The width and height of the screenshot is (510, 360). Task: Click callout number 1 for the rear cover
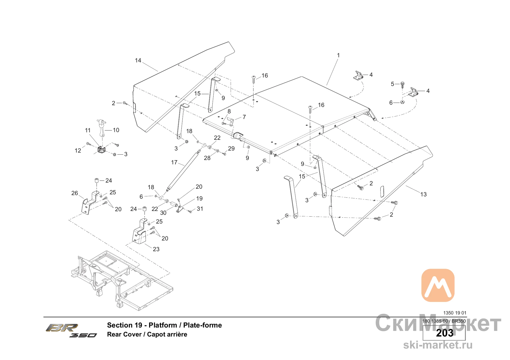point(338,55)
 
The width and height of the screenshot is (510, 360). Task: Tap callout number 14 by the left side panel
point(138,60)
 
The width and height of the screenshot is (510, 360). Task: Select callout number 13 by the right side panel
point(423,194)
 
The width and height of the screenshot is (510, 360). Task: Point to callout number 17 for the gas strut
point(174,162)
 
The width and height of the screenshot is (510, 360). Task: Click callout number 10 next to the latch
point(116,130)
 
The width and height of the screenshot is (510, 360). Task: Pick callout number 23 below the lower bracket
point(156,249)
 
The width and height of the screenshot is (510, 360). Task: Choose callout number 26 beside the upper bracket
point(75,193)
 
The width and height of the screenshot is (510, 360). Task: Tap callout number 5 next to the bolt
point(392,84)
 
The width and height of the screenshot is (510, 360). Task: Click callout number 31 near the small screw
point(200,209)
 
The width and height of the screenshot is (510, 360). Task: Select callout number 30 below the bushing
point(163,213)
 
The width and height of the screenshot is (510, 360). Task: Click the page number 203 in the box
point(444,333)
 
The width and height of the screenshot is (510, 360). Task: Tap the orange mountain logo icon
point(438,285)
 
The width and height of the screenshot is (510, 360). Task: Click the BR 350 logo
point(71,330)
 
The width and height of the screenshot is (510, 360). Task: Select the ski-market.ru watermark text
point(438,345)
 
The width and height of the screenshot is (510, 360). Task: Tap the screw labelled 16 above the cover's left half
point(254,79)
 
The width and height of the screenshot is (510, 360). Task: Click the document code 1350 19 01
point(455,313)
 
